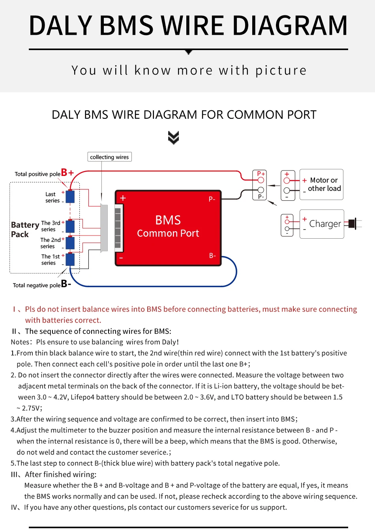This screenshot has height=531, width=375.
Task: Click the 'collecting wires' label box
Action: click(x=109, y=157)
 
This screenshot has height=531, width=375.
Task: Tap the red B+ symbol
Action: click(x=67, y=173)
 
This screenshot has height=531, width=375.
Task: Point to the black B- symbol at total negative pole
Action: click(x=66, y=284)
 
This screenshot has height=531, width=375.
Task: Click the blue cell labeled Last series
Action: click(x=70, y=196)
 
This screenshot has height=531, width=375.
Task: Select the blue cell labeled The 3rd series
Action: click(x=70, y=226)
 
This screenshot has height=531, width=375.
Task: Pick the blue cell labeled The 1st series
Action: click(x=70, y=260)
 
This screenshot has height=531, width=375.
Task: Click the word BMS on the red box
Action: click(x=168, y=220)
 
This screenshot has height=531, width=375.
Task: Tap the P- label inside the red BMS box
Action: click(x=212, y=199)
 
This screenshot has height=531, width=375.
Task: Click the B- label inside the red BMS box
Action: click(x=212, y=256)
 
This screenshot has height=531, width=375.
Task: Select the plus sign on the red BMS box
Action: click(x=123, y=198)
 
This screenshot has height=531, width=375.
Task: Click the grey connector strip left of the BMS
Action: click(x=104, y=228)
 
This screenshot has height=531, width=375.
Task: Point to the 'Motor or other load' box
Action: click(x=321, y=185)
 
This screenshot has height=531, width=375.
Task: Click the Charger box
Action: click(x=322, y=224)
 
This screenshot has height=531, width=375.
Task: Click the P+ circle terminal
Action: click(x=261, y=180)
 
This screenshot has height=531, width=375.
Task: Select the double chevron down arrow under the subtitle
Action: click(x=173, y=138)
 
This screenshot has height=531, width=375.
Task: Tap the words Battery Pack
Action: click(x=24, y=229)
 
